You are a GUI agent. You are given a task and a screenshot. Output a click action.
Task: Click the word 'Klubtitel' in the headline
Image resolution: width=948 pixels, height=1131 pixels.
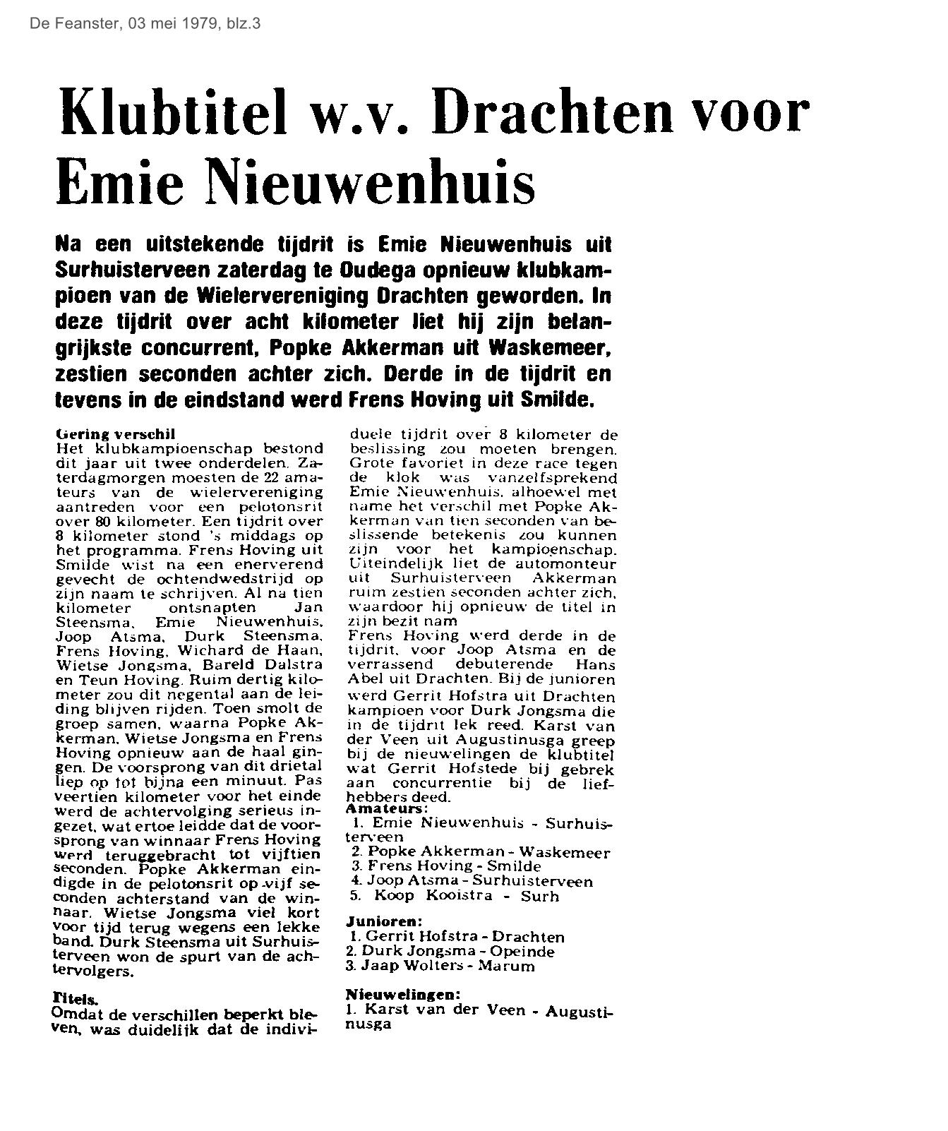pyautogui.click(x=172, y=113)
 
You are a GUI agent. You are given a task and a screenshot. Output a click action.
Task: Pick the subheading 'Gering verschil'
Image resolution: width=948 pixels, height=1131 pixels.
pyautogui.click(x=114, y=433)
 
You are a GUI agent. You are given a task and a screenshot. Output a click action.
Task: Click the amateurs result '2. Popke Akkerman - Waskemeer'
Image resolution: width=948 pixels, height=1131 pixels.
pyautogui.click(x=480, y=852)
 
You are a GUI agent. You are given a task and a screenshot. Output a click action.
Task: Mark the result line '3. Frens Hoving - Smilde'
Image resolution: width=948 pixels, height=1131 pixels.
pyautogui.click(x=445, y=866)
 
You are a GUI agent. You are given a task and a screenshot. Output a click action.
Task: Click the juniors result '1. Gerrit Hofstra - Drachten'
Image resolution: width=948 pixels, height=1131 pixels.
pyautogui.click(x=457, y=938)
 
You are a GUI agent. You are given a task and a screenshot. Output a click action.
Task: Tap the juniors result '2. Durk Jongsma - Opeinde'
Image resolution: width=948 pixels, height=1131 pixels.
pyautogui.click(x=451, y=952)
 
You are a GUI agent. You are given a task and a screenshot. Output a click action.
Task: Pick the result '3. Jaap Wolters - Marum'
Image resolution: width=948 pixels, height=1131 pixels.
pyautogui.click(x=442, y=966)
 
